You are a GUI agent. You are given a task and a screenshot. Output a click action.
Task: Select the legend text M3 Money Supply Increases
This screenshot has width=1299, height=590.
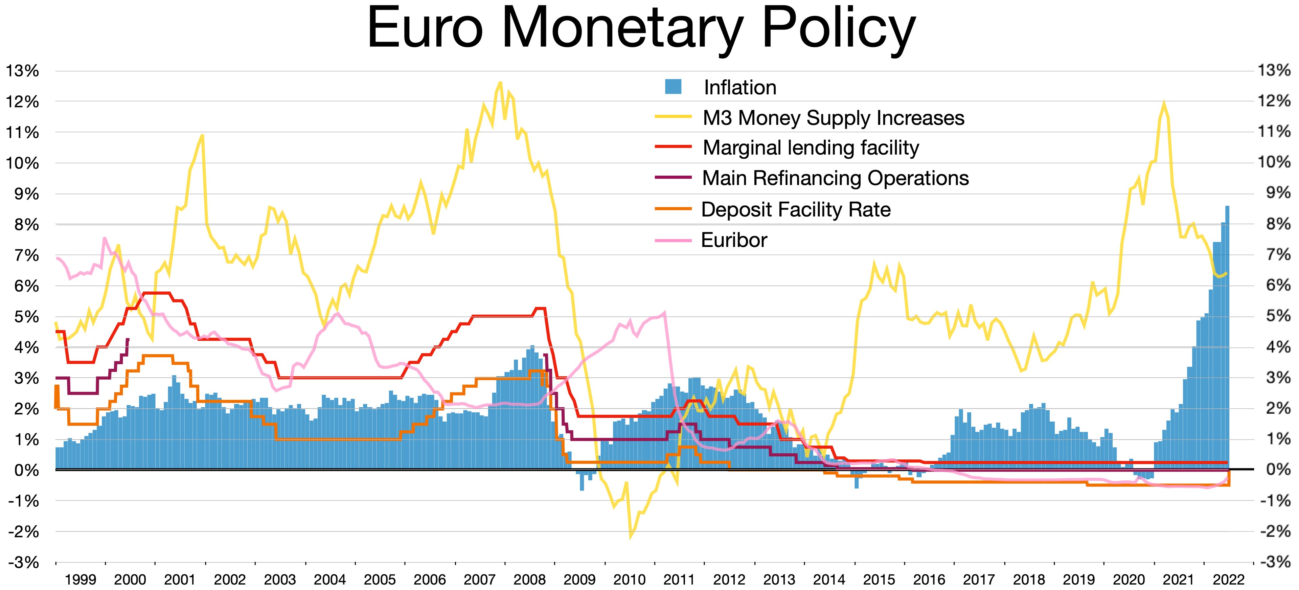pos(833,118)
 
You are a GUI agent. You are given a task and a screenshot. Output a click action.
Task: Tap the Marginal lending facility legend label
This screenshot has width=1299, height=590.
pos(811,148)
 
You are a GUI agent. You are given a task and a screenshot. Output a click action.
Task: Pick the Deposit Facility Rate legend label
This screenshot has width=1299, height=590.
pos(795,209)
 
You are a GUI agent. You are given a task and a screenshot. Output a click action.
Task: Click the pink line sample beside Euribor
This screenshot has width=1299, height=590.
pos(673,241)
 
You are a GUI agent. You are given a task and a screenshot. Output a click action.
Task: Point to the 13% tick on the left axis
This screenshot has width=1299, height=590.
pos(22,71)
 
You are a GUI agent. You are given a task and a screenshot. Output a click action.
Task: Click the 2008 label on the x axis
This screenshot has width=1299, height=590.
pos(529,580)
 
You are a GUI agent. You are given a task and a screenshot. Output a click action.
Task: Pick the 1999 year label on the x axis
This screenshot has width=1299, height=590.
pos(81,580)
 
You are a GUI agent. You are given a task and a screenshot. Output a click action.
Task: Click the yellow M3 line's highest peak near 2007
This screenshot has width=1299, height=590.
pos(500,83)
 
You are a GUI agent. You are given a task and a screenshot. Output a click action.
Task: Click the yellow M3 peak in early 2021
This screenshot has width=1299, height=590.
pos(1163,104)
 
